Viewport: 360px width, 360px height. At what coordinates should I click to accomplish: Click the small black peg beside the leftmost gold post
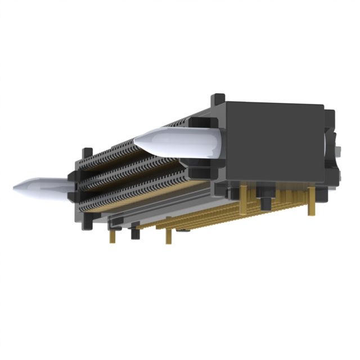[x=135, y=232]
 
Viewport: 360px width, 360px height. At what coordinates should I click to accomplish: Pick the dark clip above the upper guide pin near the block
[x=198, y=120]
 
